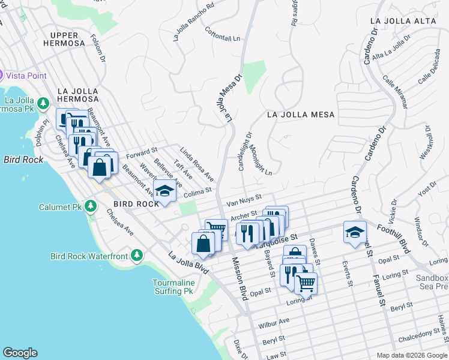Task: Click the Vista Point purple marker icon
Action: tap(1, 76)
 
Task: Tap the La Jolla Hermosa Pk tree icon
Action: tap(43, 103)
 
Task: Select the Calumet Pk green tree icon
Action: tap(90, 207)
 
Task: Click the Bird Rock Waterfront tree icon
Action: tap(137, 256)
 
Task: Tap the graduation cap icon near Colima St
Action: tap(163, 191)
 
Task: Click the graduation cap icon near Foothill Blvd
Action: tap(355, 232)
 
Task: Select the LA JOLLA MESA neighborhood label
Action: tap(300, 114)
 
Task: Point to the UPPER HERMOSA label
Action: tap(68, 39)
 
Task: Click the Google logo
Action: tap(20, 353)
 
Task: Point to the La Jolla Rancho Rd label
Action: tap(193, 23)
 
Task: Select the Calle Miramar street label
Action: tap(396, 94)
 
